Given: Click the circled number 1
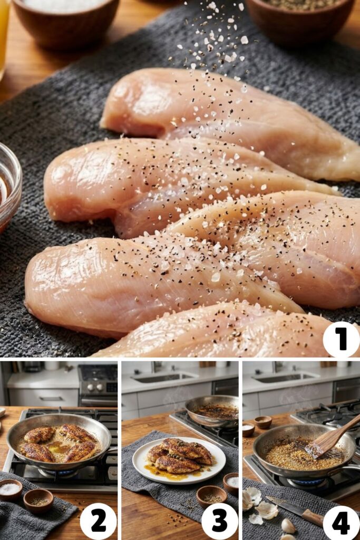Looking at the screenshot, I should coord(341,339).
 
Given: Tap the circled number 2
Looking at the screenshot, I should coord(98,520).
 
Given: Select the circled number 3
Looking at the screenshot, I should coord(219,520).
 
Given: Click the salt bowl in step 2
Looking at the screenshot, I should coord(10,490).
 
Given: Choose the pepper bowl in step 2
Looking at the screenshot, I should coord(38,500).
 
